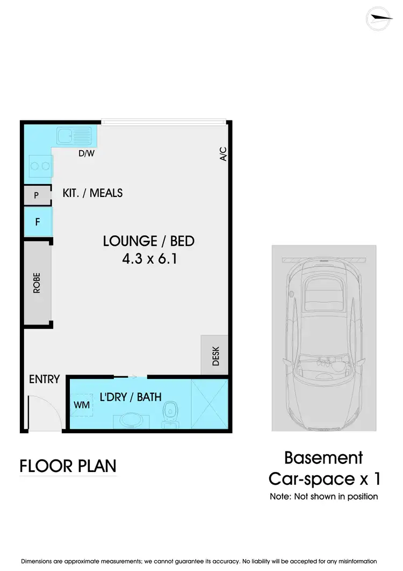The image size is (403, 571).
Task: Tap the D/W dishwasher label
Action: (86, 154)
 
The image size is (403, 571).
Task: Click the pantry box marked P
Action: (37, 195)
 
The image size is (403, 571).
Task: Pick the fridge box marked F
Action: (38, 221)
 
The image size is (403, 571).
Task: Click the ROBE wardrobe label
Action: (37, 283)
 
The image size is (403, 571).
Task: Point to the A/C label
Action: (224, 154)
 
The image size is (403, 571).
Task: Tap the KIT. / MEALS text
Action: (92, 193)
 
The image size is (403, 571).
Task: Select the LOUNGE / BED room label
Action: (148, 241)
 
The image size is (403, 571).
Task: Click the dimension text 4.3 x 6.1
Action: (149, 259)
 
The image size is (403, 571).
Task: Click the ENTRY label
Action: (44, 379)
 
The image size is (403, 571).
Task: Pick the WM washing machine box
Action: (82, 405)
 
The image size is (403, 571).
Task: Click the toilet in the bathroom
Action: (170, 413)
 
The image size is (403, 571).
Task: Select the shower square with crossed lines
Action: (210, 405)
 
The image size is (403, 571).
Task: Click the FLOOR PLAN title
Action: (68, 466)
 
